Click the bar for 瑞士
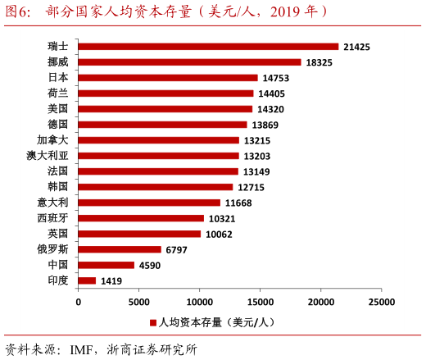tap(208, 47)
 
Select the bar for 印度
tap(87, 280)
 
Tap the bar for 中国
tap(106, 265)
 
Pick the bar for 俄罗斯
tap(120, 249)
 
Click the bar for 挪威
tap(189, 62)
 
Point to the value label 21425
tap(356, 47)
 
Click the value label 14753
tap(275, 78)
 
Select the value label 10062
tap(219, 234)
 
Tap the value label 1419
tap(111, 280)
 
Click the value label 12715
tap(251, 187)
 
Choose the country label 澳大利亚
tap(48, 156)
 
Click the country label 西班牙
tap(53, 218)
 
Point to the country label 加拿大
tap(53, 140)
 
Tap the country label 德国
tap(58, 125)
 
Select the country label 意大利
tap(53, 203)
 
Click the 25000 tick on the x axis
tap(382, 302)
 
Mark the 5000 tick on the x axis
tap(138, 302)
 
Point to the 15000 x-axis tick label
tap(260, 302)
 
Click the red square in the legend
tap(152, 323)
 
